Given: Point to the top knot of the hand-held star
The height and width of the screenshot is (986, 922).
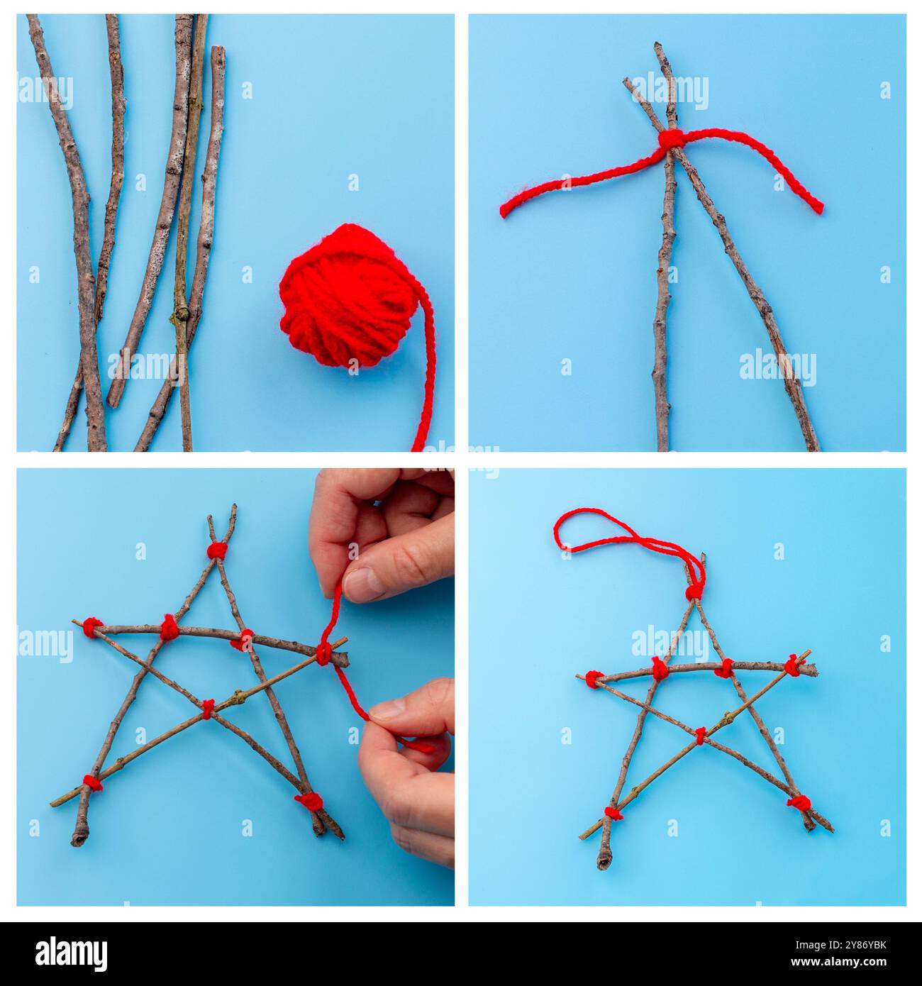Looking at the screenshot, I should [x=217, y=550].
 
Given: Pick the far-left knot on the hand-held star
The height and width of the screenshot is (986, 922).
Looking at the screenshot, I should [x=91, y=626].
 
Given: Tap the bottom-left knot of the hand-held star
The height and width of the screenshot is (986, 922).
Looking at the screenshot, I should [x=91, y=782].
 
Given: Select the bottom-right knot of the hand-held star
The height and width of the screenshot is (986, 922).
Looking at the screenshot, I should [x=309, y=802].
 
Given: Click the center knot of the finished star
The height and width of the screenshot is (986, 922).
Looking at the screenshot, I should [x=700, y=736].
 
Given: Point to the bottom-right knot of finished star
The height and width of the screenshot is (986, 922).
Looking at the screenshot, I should [x=799, y=803].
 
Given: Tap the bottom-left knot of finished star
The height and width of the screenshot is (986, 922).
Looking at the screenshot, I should [x=613, y=813].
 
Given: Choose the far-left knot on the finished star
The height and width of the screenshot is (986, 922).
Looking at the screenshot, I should [x=594, y=678].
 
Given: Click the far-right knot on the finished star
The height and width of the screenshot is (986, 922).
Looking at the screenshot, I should [x=793, y=665].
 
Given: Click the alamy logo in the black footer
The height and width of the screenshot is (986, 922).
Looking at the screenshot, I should [x=71, y=953].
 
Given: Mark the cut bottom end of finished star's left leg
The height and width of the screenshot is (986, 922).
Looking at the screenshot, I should [x=604, y=863].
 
